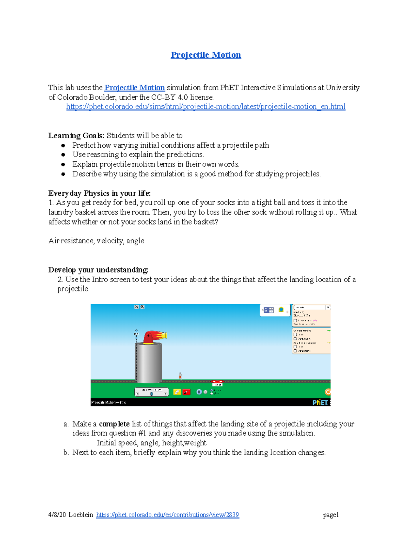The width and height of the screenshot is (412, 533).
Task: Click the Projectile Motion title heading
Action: tap(206, 55)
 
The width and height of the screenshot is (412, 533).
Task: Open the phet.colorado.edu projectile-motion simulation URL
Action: tap(206, 107)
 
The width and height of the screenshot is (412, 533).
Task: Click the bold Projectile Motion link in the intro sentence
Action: tap(135, 88)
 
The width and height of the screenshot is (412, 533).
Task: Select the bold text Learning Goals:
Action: tap(76, 136)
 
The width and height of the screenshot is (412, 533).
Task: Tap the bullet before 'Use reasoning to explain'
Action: tap(63, 155)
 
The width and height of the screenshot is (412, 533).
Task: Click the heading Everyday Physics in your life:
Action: tap(100, 193)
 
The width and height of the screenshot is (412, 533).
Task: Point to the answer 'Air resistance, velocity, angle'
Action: tap(96, 241)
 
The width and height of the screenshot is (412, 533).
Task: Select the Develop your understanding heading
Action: tap(98, 270)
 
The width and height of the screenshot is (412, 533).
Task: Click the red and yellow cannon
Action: tap(154, 336)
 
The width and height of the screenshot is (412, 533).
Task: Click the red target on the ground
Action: tap(217, 382)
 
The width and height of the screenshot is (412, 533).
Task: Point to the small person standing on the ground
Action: tap(180, 376)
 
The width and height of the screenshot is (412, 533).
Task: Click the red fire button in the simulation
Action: tap(186, 392)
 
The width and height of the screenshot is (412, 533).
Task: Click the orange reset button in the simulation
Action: tap(328, 392)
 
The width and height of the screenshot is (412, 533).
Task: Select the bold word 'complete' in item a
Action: tap(114, 424)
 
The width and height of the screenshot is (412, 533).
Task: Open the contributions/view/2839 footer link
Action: tap(168, 515)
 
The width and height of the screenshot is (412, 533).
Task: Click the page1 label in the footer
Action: tap(331, 515)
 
